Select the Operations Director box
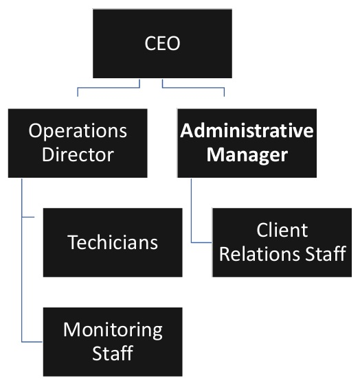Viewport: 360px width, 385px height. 78,142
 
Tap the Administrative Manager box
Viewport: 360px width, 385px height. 247,142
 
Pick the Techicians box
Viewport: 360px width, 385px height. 113,242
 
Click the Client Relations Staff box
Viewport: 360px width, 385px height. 282,242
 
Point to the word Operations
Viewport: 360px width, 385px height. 78,130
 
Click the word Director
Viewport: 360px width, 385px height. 78,154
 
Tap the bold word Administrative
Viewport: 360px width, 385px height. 247,130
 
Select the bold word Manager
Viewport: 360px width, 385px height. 247,154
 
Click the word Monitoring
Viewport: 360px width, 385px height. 113,329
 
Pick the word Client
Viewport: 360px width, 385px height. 282,231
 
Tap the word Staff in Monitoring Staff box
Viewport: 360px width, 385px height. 113,353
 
